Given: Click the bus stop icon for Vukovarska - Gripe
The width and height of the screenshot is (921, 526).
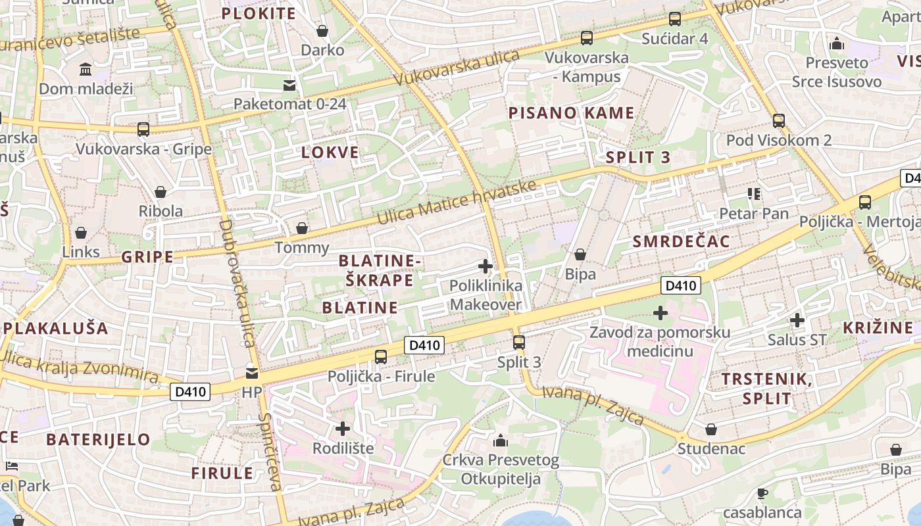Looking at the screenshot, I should pyautogui.click(x=143, y=130).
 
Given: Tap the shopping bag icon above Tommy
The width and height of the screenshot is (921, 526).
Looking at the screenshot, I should pyautogui.click(x=302, y=228).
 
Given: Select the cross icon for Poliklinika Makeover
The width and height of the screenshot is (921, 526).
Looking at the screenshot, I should pyautogui.click(x=485, y=266).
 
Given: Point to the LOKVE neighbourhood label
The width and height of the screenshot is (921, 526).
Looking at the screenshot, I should pyautogui.click(x=330, y=153).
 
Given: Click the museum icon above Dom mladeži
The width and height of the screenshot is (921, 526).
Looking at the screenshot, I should pyautogui.click(x=86, y=70).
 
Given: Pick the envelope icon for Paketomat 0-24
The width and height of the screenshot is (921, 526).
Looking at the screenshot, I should pyautogui.click(x=289, y=85).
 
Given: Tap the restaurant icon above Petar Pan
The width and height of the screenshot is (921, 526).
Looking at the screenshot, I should pyautogui.click(x=754, y=194).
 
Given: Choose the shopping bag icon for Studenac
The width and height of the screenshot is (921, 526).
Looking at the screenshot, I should pyautogui.click(x=711, y=430).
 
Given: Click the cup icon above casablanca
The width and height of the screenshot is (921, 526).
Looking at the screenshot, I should pyautogui.click(x=762, y=493).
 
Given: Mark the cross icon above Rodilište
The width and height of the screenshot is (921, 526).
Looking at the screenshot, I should pyautogui.click(x=343, y=429).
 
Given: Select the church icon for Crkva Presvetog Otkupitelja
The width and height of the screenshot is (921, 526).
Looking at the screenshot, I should pyautogui.click(x=501, y=441).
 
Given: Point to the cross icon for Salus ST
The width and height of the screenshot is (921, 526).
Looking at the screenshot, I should pyautogui.click(x=797, y=320).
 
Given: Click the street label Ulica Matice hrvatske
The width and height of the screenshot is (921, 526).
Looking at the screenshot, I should pyautogui.click(x=458, y=203).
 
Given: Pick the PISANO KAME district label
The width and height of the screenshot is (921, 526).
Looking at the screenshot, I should pyautogui.click(x=571, y=113).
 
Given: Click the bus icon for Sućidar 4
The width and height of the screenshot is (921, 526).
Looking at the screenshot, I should pyautogui.click(x=675, y=19).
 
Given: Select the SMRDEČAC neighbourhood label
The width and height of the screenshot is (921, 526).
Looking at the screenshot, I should pyautogui.click(x=681, y=241).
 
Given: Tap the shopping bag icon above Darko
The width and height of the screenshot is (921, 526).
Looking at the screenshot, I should pyautogui.click(x=322, y=31).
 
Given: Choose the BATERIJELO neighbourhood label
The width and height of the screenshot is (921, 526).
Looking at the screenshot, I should pyautogui.click(x=99, y=439).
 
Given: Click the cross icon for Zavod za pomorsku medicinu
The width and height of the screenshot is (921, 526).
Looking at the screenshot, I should pyautogui.click(x=660, y=313).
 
